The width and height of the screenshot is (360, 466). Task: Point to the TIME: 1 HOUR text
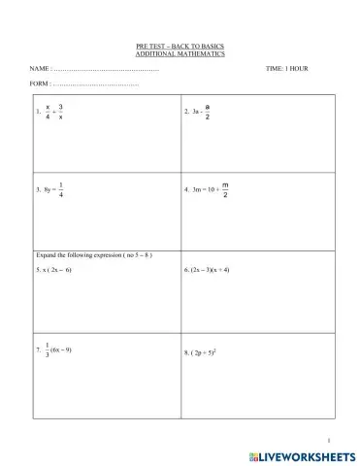point(286,70)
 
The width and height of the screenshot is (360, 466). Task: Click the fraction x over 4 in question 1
point(48,112)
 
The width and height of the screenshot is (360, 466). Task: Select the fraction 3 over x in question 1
point(62,112)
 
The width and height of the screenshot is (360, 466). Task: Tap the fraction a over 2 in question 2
point(208,111)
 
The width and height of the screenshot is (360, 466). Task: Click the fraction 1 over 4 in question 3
point(61,190)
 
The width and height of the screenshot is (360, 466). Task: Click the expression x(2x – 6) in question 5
point(57,269)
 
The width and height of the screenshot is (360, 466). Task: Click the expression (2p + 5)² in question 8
point(210,352)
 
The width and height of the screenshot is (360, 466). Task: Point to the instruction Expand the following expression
point(93,253)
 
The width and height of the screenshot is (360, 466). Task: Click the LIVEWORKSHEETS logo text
point(308,454)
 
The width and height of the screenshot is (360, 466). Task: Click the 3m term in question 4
point(197,190)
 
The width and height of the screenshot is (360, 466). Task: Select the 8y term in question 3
point(46,190)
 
